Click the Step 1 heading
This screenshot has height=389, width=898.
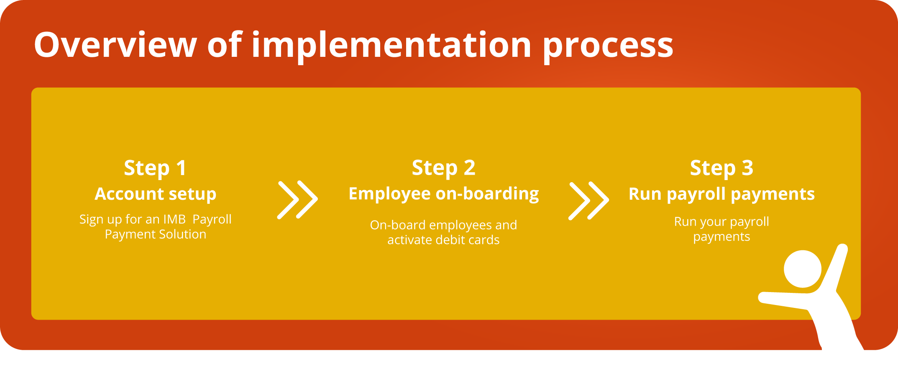[x=155, y=168]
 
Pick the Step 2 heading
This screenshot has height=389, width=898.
[x=444, y=168]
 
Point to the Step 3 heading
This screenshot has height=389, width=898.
[x=721, y=168]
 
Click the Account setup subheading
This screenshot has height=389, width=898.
[x=155, y=194]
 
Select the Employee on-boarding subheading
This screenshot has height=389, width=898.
[x=444, y=194]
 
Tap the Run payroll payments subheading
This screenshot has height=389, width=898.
[x=721, y=195]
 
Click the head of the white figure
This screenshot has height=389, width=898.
[x=803, y=269]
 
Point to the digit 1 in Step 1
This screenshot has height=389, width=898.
[x=182, y=168]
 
